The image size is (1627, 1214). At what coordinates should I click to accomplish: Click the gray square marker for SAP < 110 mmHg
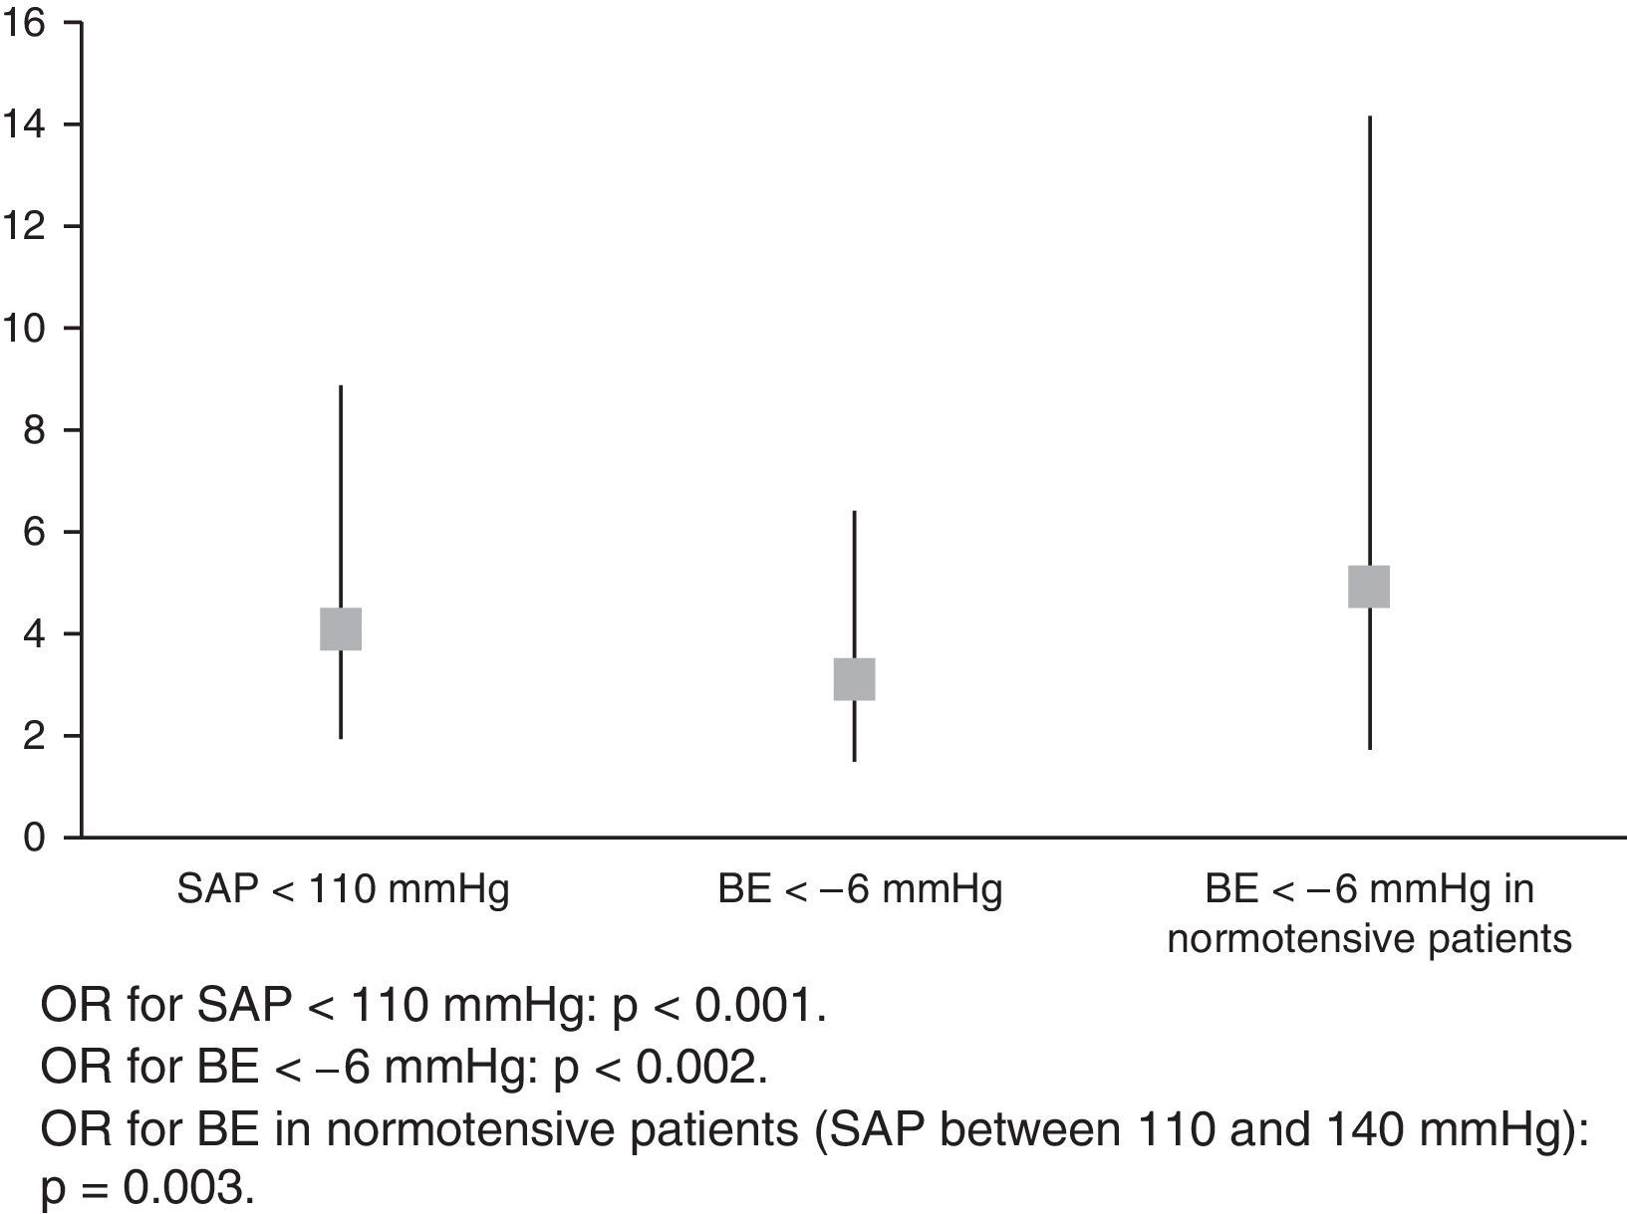tap(341, 629)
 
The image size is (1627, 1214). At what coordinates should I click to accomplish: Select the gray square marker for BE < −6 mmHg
tap(854, 679)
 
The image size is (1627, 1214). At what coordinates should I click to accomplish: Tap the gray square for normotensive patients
tap(1369, 587)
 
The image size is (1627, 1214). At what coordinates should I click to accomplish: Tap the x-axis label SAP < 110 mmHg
tap(343, 888)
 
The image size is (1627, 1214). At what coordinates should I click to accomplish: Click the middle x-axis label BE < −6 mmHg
tap(859, 888)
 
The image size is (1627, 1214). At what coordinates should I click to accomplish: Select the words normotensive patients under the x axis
tap(1369, 938)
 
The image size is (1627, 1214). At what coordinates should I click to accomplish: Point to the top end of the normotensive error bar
tap(1370, 118)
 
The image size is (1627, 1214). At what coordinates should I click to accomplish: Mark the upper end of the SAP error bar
tap(341, 386)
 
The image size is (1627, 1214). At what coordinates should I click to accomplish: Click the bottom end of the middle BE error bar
tap(854, 761)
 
